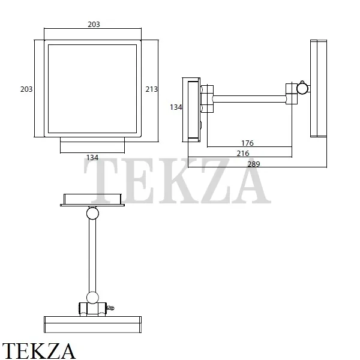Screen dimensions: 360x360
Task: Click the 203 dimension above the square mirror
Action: [94, 25]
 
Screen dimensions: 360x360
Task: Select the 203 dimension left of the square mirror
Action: [26, 89]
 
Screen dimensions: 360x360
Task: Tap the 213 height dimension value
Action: [152, 89]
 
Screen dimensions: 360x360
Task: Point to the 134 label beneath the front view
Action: [92, 157]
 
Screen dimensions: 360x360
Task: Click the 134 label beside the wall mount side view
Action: [176, 107]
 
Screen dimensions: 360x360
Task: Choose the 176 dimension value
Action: [247, 143]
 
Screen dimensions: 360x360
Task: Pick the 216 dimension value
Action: [243, 154]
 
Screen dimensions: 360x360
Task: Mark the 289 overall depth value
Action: [254, 164]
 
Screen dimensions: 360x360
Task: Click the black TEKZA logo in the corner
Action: [38, 350]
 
